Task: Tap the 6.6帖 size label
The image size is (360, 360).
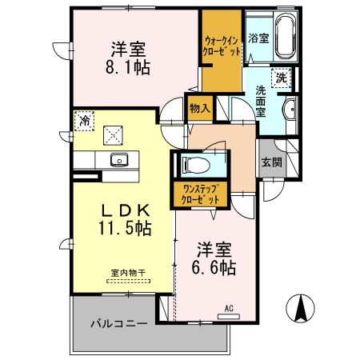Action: (212, 268)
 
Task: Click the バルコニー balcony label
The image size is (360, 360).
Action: (118, 324)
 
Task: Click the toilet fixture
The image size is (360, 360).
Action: (194, 165)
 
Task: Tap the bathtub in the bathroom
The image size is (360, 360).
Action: (286, 38)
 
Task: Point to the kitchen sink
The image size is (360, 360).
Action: (118, 158)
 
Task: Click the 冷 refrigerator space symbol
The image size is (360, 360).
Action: (84, 121)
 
